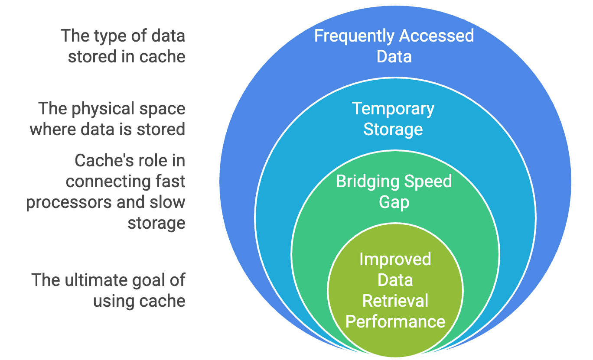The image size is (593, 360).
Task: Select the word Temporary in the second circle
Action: click(x=393, y=109)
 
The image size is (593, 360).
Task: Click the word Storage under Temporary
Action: click(x=393, y=130)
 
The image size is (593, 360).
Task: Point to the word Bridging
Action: click(x=363, y=181)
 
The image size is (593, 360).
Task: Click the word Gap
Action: click(x=394, y=202)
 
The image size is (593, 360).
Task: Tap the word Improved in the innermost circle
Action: click(x=395, y=259)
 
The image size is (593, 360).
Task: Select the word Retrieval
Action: click(x=395, y=301)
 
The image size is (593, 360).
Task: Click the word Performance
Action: click(x=395, y=321)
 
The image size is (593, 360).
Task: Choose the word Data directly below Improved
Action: click(x=395, y=280)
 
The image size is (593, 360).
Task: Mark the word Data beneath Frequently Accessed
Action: click(x=394, y=57)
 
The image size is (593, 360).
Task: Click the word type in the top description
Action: click(x=101, y=36)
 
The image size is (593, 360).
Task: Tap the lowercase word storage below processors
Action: click(x=156, y=224)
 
